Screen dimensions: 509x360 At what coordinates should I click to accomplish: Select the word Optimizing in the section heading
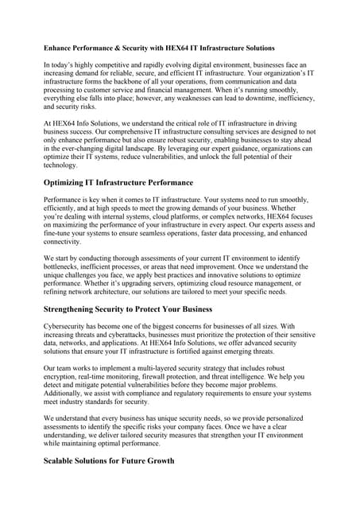pos(73,182)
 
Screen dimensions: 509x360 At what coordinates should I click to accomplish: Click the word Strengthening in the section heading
pos(83,309)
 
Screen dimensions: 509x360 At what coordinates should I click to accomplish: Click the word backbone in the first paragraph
pos(135,89)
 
